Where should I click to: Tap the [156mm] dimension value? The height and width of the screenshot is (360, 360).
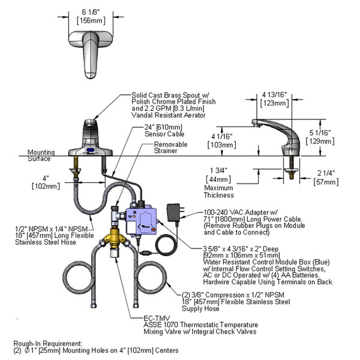[88, 20]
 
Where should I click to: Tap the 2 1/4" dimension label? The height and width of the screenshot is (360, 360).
[324, 173]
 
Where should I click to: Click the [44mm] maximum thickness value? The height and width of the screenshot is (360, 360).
[218, 179]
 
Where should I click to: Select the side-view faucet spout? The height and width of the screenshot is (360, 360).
[273, 132]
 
